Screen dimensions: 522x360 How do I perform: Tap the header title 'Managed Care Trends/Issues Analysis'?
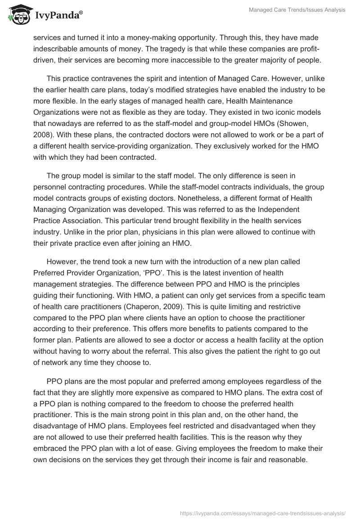click(297, 10)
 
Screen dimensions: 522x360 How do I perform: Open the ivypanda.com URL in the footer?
click(263, 513)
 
